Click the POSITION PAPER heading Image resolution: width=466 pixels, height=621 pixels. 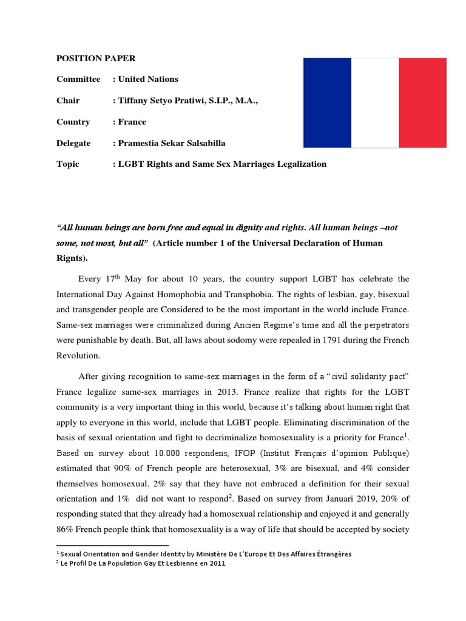(x=96, y=58)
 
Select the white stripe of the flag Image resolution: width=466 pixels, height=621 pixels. (x=374, y=102)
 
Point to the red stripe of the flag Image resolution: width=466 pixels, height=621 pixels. (x=422, y=102)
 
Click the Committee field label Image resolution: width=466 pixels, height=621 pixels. (x=78, y=79)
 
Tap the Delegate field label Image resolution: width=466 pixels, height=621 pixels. (x=73, y=143)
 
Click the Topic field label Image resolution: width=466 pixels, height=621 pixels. (x=68, y=164)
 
